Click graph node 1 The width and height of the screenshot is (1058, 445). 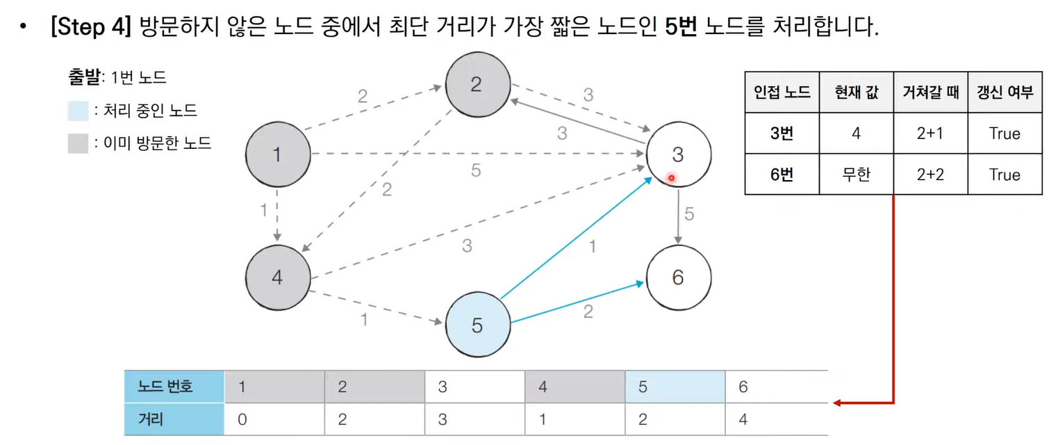pos(278,154)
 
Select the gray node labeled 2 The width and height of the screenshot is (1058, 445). pos(477,85)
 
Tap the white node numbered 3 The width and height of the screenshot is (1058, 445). pos(678,154)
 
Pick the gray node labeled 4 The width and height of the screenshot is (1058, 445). pos(278,277)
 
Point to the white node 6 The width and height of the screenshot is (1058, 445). pos(678,277)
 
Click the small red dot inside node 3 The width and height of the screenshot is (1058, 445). pos(672,178)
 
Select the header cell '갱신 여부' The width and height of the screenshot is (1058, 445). pos(1005,92)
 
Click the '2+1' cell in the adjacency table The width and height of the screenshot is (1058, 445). pos(930,133)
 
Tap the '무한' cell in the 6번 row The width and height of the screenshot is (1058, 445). pos(856,174)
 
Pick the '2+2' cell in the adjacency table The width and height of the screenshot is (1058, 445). pos(930,174)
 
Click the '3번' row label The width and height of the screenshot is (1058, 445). pos(782,133)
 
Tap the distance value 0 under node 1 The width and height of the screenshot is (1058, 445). pos(242,420)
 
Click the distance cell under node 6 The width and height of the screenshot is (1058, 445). pos(743,420)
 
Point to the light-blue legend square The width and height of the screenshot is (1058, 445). pos(78,111)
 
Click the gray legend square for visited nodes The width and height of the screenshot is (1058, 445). pos(78,143)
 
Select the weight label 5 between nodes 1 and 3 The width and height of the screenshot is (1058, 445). pos(475,170)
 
